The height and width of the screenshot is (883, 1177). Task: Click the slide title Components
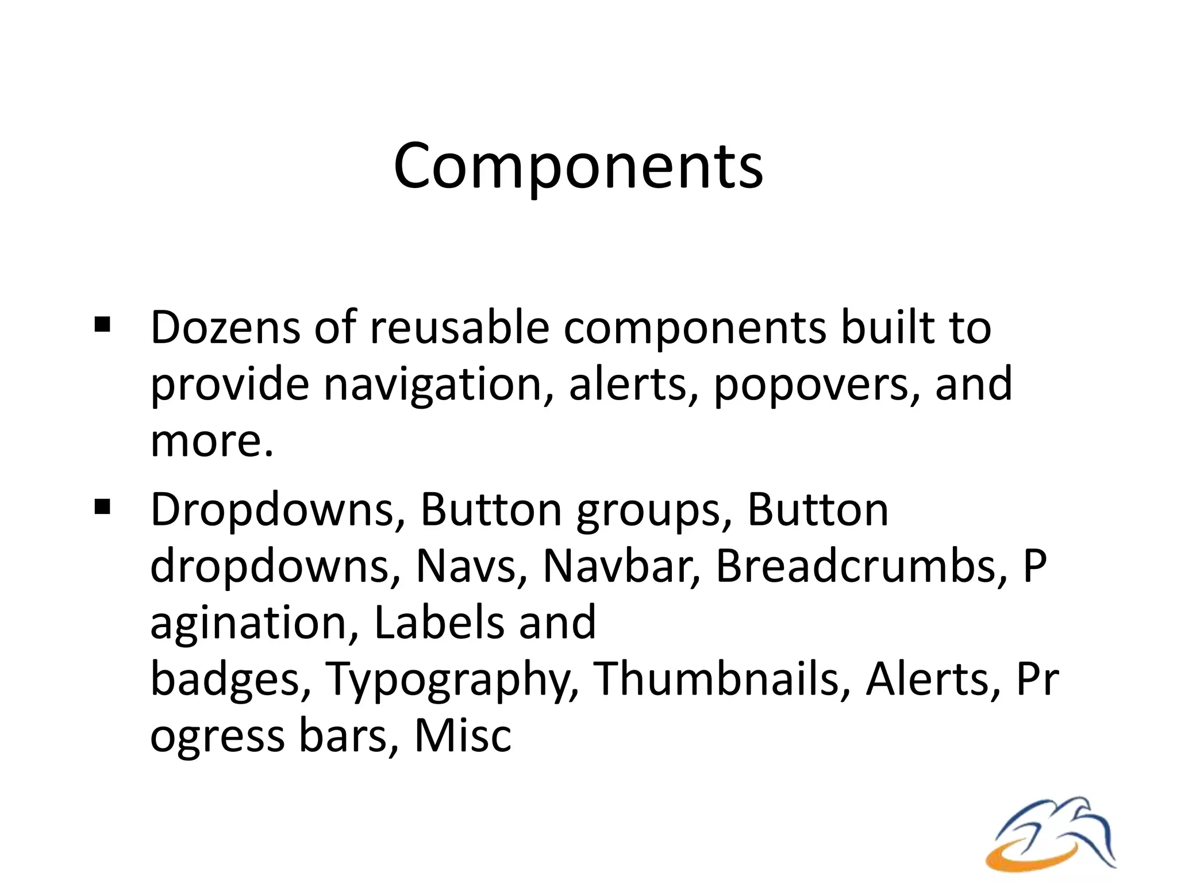click(578, 167)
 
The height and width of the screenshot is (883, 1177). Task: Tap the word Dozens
click(225, 328)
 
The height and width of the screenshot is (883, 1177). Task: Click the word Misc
click(463, 736)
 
